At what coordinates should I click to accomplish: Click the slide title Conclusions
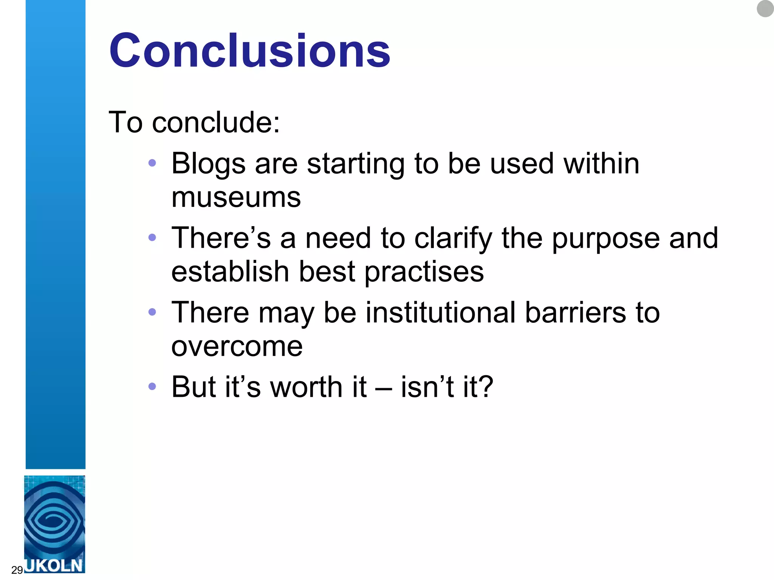pos(249,51)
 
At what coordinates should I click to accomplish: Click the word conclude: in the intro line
pos(216,123)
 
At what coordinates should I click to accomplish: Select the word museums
pos(236,197)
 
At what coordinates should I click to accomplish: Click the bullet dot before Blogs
pos(152,163)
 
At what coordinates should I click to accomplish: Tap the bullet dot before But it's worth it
pos(152,386)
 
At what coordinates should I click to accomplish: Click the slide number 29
pos(17,570)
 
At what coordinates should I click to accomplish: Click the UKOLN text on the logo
pos(54,565)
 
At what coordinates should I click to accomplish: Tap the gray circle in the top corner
pos(765,9)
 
